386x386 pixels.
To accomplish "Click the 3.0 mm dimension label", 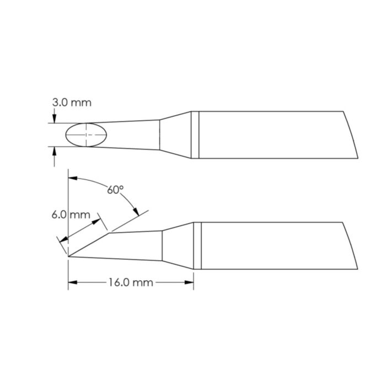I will coord(72,103).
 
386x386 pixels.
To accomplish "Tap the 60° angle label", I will coord(115,190).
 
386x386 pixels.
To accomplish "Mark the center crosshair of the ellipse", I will coord(87,135).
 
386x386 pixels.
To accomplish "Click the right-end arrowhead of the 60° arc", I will coord(134,213).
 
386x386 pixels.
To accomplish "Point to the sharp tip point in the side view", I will coord(68,256).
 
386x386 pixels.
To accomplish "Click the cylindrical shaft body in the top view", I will coord(270,135).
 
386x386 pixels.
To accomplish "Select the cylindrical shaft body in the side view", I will coord(270,246).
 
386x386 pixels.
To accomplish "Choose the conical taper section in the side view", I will coord(178,246).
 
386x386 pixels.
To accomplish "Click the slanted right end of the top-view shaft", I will coord(347,135).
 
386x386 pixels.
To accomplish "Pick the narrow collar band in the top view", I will coord(195,135).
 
